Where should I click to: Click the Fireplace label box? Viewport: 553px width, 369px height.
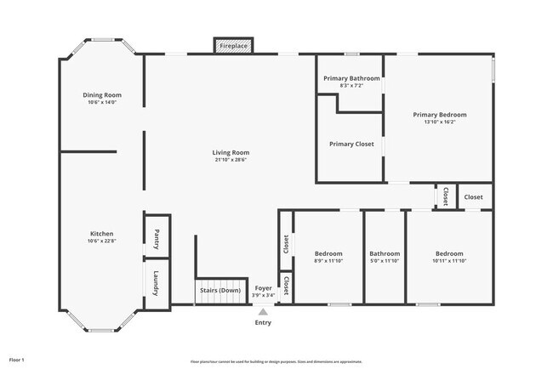point(233,45)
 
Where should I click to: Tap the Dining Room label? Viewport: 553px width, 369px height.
point(102,94)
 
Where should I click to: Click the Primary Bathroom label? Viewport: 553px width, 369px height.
point(351,78)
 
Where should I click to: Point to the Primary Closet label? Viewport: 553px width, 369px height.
point(351,144)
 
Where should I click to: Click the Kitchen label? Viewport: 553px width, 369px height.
point(102,234)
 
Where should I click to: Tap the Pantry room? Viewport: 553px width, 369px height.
point(157,240)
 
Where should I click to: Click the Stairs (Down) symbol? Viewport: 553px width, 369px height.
point(219,291)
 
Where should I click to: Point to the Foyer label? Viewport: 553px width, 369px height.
point(264,289)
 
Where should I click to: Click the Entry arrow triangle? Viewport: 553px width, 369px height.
point(264,312)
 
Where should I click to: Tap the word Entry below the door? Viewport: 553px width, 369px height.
point(264,323)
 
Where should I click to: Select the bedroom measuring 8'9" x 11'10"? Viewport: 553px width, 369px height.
point(328,258)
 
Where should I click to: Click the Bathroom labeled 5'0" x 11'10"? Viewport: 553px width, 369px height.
point(385,258)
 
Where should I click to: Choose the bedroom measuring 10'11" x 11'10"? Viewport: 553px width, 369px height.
point(449,258)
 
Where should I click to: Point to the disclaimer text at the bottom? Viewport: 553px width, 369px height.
point(276,360)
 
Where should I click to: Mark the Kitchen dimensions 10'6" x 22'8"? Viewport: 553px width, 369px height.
point(102,241)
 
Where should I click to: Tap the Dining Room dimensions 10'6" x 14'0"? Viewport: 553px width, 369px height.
point(102,102)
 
